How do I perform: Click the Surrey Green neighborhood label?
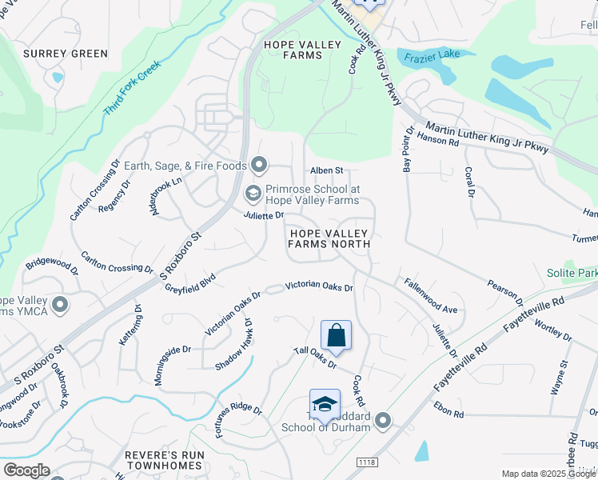pyautogui.click(x=66, y=54)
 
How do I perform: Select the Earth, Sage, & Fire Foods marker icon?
pyautogui.click(x=258, y=166)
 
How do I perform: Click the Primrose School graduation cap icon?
pyautogui.click(x=253, y=193)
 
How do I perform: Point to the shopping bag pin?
pyautogui.click(x=336, y=335)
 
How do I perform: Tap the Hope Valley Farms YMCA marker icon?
pyautogui.click(x=59, y=305)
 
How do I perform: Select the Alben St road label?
pyautogui.click(x=326, y=170)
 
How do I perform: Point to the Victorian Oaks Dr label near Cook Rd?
pyautogui.click(x=319, y=285)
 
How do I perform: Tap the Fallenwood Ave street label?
pyautogui.click(x=430, y=295)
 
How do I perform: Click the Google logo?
pyautogui.click(x=26, y=470)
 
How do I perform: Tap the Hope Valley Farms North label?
pyautogui.click(x=329, y=238)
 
